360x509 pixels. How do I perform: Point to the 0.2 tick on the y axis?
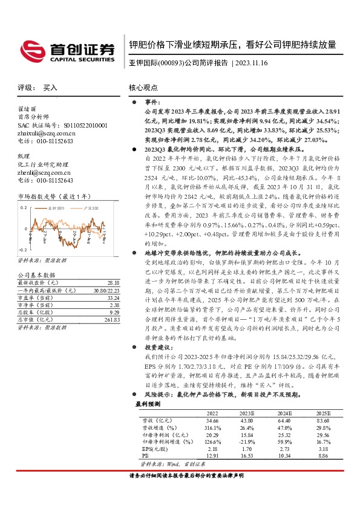pyautogui.click(x=24, y=207)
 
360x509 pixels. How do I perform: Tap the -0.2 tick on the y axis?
pyautogui.click(x=22, y=249)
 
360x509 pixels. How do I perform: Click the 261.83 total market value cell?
pyautogui.click(x=112, y=319)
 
